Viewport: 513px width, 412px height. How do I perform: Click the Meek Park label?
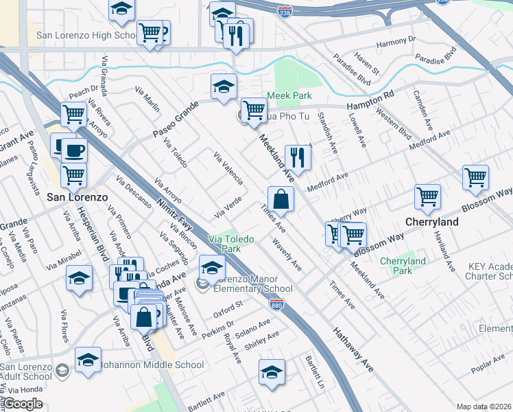(289, 95)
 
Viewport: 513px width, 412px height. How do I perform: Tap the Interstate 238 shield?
(285, 11)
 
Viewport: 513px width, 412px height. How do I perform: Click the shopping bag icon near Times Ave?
(281, 199)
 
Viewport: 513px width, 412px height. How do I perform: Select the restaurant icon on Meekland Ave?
(298, 157)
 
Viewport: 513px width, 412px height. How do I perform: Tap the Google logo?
(23, 404)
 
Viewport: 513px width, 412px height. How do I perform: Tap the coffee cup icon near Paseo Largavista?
(73, 150)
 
